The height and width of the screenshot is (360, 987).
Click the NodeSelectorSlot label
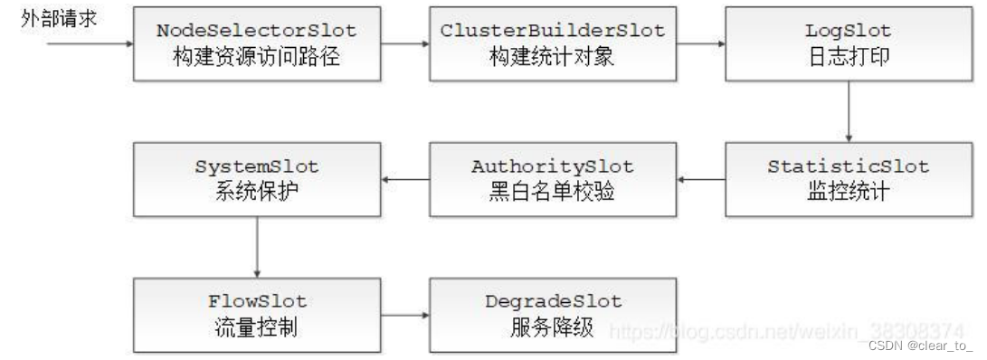pyautogui.click(x=257, y=30)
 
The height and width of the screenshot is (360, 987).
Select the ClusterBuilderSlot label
pyautogui.click(x=552, y=30)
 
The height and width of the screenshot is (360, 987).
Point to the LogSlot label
pyautogui.click(x=848, y=30)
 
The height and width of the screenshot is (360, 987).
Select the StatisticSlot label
pyautogui.click(x=848, y=167)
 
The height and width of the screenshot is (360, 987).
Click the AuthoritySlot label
pyautogui.click(x=552, y=167)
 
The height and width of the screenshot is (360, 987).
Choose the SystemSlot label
pyautogui.click(x=257, y=167)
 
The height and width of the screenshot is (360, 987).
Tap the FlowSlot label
pyautogui.click(x=257, y=301)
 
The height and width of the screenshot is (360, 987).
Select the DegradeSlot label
pyautogui.click(x=552, y=301)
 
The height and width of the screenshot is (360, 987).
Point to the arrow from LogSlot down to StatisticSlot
pyautogui.click(x=848, y=110)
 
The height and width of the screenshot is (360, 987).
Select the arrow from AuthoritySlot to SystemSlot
pyautogui.click(x=404, y=180)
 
